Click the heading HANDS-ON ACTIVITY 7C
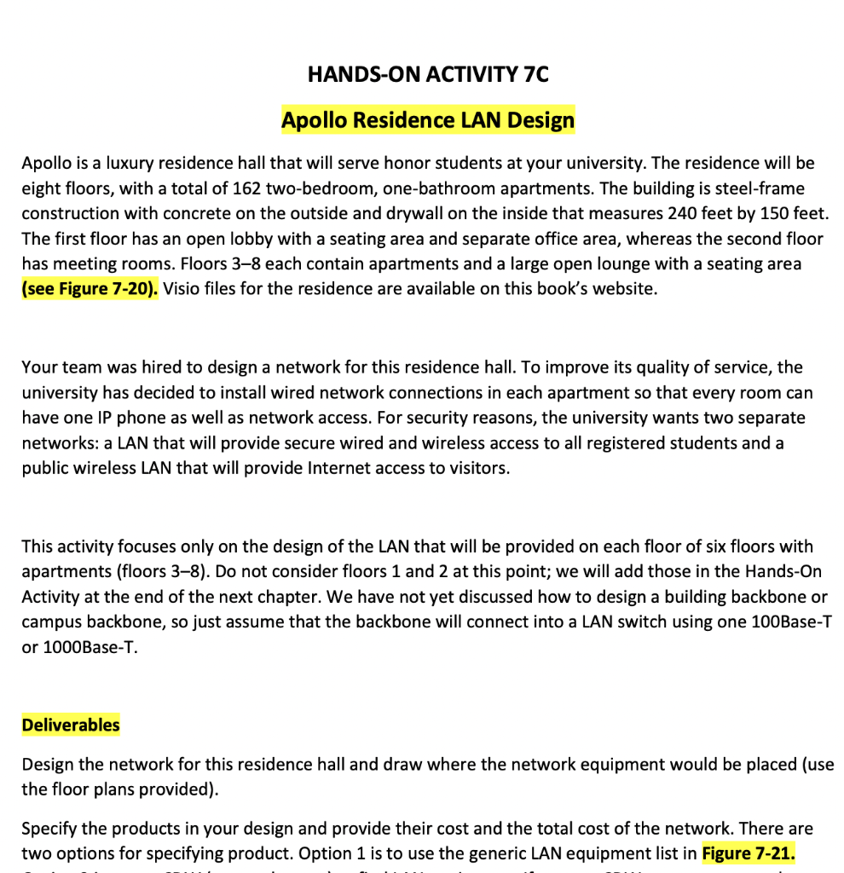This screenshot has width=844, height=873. click(428, 74)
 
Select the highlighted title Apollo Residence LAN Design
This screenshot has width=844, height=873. click(428, 120)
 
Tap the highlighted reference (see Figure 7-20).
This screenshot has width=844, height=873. click(90, 288)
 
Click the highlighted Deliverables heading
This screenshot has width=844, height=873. click(71, 726)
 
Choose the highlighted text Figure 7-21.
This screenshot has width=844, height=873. click(749, 853)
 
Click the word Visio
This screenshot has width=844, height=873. click(181, 288)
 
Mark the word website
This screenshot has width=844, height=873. click(624, 288)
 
